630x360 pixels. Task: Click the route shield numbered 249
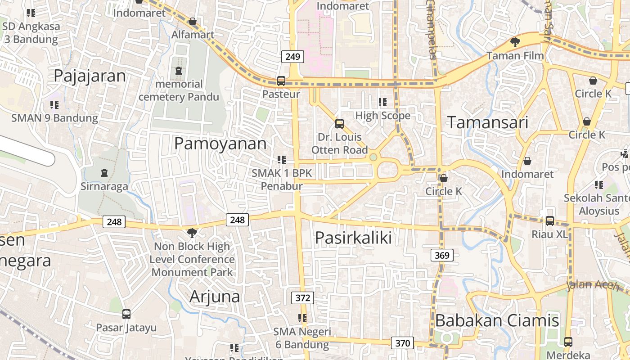(292, 57)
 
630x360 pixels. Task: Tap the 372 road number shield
(303, 297)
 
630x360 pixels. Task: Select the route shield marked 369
(442, 256)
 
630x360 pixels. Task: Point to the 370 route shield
(402, 343)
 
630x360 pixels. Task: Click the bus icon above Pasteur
(281, 81)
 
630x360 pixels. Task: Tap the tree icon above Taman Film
(515, 42)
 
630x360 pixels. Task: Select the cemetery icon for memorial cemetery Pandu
(179, 71)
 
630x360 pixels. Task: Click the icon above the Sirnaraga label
(104, 172)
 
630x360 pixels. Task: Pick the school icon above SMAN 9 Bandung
(54, 105)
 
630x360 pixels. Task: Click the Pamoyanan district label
(220, 144)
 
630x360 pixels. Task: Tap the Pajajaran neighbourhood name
(90, 76)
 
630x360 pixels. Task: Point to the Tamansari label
(487, 122)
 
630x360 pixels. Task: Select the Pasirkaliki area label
(353, 238)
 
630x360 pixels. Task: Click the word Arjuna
(215, 297)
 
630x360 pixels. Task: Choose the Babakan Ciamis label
(497, 320)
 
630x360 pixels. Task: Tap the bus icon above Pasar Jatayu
(126, 314)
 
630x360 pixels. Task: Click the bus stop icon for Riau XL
(550, 221)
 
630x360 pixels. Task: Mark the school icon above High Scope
(383, 102)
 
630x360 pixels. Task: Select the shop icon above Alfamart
(193, 21)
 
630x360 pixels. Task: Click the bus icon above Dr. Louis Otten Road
(340, 123)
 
